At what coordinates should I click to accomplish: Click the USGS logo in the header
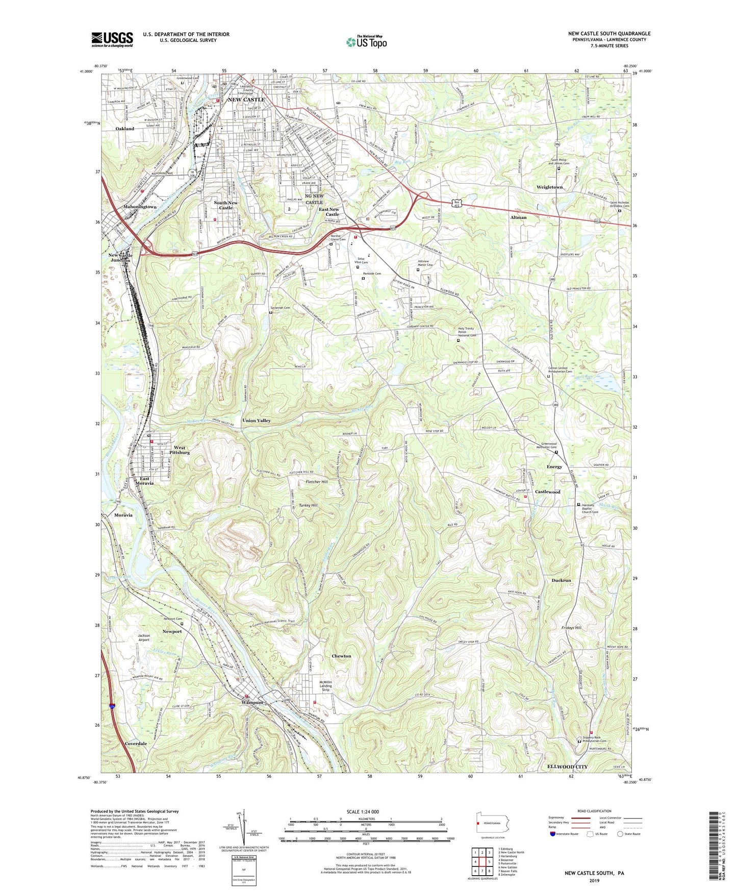(x=112, y=39)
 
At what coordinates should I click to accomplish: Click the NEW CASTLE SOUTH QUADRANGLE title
(x=609, y=34)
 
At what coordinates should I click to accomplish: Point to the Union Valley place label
(x=257, y=420)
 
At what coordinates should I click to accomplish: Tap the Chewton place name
(x=341, y=656)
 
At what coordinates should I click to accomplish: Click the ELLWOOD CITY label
(x=567, y=767)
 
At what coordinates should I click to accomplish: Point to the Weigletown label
(x=549, y=187)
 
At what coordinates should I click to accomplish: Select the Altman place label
(x=518, y=217)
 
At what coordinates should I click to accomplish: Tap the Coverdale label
(x=136, y=744)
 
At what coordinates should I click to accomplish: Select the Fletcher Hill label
(x=317, y=482)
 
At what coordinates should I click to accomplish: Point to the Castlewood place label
(x=547, y=492)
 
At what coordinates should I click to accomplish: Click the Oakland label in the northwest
(x=124, y=129)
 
